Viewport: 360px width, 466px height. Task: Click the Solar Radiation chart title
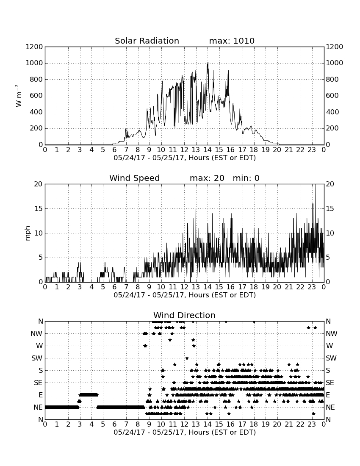[147, 41]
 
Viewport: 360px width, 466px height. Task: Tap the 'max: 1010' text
[232, 41]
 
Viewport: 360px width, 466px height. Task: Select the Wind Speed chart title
[135, 178]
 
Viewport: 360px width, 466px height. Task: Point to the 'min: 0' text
[246, 178]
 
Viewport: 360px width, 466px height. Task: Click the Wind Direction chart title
[184, 315]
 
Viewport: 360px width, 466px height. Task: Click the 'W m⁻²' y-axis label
[18, 96]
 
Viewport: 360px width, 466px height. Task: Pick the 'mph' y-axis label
[28, 233]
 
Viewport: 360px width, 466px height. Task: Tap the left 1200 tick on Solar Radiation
[34, 47]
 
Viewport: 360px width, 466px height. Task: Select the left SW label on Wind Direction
[37, 358]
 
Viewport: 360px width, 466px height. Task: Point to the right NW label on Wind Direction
[332, 334]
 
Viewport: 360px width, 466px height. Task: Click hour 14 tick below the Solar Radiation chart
[208, 150]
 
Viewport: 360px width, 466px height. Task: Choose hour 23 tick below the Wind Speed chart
[312, 287]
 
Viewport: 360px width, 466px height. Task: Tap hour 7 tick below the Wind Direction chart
[126, 424]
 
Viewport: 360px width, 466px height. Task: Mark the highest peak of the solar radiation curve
[208, 62]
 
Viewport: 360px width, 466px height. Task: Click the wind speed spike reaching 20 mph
[316, 185]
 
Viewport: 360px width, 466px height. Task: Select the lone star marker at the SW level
[187, 358]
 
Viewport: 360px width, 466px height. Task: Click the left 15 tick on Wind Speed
[39, 208]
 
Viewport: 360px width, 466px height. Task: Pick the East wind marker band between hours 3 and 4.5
[89, 395]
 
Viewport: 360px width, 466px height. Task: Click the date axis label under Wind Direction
[185, 432]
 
